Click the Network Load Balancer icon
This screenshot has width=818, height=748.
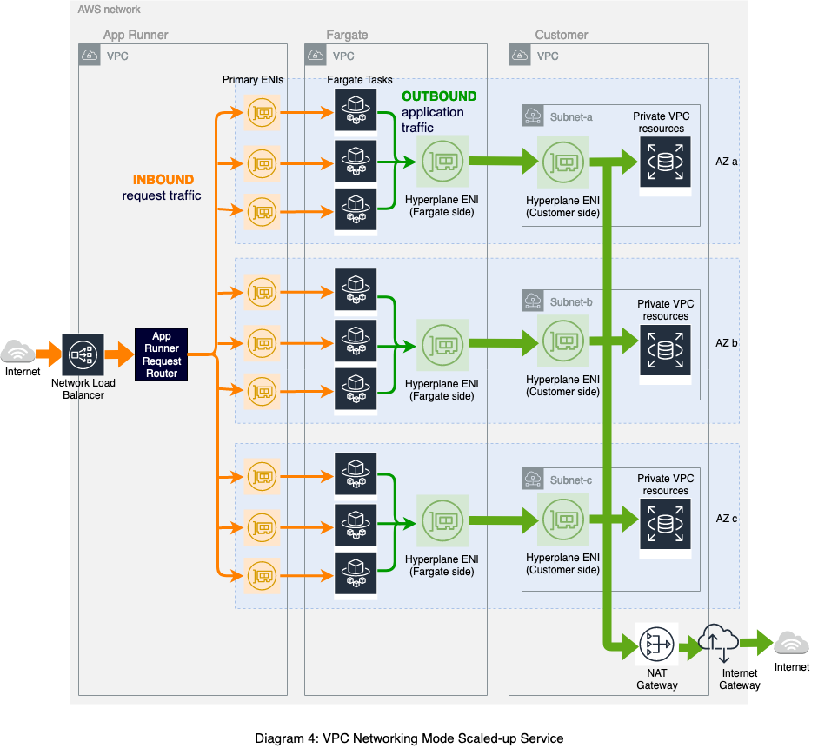[83, 354]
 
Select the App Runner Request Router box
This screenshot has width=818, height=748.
[162, 354]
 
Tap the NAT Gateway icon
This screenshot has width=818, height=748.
[656, 644]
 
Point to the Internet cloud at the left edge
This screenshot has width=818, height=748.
[18, 352]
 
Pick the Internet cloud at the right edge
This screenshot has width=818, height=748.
[792, 643]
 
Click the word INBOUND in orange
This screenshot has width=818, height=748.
[163, 180]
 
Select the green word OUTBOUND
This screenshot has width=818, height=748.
[439, 96]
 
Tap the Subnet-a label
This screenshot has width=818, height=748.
[571, 116]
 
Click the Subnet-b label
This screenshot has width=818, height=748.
[571, 302]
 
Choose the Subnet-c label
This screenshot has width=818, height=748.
[571, 480]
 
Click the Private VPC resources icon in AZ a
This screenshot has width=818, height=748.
[666, 161]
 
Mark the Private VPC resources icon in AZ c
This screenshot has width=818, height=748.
[666, 523]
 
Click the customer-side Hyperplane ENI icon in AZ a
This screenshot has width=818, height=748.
[562, 162]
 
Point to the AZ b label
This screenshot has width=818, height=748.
[726, 343]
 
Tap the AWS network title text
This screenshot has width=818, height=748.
[109, 10]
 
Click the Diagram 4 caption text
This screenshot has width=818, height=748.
[409, 738]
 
